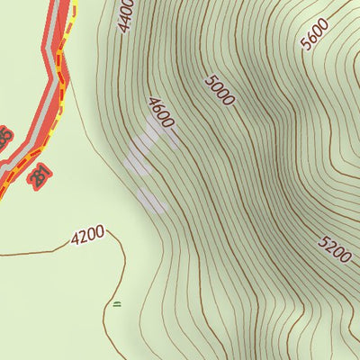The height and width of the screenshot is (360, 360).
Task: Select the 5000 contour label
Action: coord(220,91)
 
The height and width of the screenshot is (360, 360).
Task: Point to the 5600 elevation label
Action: coord(316,35)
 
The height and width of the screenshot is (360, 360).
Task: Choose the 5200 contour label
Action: coord(334,248)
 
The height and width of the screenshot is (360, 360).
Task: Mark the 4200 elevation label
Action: coord(87,236)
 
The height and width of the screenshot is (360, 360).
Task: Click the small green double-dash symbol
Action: coord(116,303)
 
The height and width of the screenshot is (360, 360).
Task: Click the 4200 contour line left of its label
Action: coord(36,250)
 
